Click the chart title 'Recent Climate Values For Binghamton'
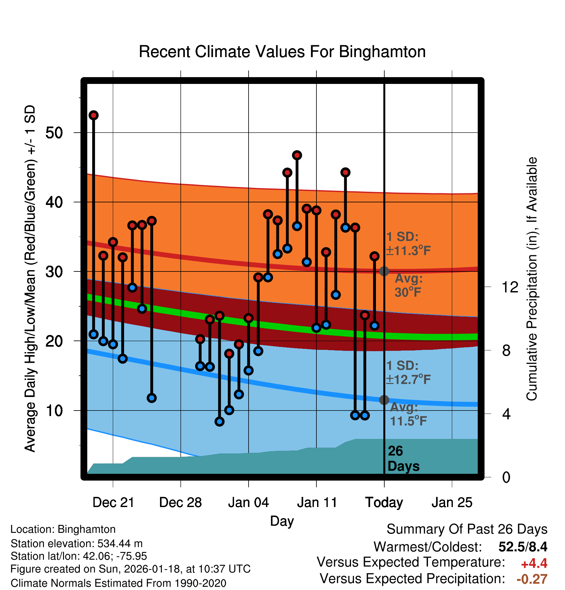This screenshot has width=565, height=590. [282, 52]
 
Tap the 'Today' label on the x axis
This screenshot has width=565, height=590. [384, 503]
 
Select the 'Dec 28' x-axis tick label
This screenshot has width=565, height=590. [180, 503]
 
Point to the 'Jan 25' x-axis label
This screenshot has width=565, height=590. [452, 503]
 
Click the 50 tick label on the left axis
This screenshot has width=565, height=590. [54, 133]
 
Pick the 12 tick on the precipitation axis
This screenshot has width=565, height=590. [510, 287]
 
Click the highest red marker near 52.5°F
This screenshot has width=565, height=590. [94, 115]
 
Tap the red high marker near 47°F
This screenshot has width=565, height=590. [297, 155]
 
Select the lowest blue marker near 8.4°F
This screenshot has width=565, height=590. [219, 422]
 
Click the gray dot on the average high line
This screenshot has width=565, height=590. [384, 271]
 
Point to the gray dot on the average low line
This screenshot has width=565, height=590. [384, 400]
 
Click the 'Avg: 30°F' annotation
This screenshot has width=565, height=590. [408, 285]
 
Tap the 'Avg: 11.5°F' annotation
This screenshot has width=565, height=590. [408, 414]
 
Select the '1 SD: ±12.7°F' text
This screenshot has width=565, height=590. [408, 372]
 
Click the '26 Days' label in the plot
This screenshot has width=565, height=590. [403, 459]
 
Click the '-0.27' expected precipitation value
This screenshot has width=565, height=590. [532, 579]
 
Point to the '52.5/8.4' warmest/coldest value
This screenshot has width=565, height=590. [523, 547]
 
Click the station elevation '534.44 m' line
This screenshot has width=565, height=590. [77, 544]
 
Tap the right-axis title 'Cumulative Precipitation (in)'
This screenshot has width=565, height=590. [532, 279]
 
